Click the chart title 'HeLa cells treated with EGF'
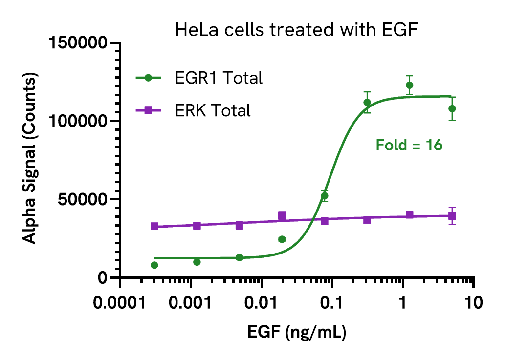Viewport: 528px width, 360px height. [298, 31]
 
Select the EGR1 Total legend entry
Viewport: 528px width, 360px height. [218, 78]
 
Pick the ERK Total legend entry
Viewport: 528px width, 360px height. [212, 111]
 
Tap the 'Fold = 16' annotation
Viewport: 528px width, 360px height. [409, 145]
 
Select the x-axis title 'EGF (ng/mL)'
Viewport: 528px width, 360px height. [297, 333]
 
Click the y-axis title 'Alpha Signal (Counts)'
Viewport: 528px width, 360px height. [30, 160]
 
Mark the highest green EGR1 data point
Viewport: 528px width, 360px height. [410, 85]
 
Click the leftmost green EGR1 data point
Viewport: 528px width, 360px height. [154, 265]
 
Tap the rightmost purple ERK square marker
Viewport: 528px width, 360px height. [452, 216]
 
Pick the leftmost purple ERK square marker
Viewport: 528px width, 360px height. [154, 226]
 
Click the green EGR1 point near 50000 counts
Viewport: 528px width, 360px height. [324, 196]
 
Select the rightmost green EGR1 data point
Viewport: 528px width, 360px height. [452, 108]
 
